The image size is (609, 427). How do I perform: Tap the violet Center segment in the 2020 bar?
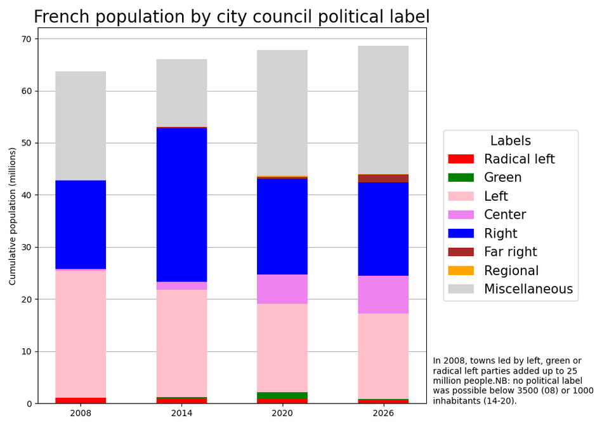tap(282, 289)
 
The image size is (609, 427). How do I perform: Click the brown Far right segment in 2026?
tap(383, 179)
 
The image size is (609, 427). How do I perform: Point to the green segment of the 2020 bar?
tap(282, 395)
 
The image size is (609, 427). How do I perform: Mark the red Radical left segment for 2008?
tap(81, 400)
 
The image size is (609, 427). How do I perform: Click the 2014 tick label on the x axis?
tap(181, 413)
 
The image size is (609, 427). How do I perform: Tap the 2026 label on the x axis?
tap(383, 413)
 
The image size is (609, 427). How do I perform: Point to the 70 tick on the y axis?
tap(26, 39)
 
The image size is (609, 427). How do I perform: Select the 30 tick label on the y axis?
tap(26, 247)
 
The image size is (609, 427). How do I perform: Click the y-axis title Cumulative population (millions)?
tap(13, 216)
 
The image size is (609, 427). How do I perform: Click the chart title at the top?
tap(232, 17)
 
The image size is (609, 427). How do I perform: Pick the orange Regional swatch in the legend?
tap(461, 271)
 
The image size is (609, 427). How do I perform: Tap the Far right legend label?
tap(510, 252)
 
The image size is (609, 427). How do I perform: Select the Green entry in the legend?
tap(502, 178)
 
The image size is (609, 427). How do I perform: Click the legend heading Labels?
tap(510, 141)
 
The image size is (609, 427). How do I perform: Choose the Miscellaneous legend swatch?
tap(461, 289)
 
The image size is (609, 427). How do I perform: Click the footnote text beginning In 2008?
tap(513, 381)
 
